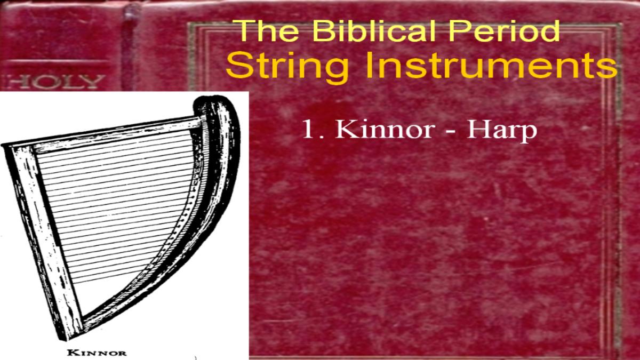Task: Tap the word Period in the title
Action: (505, 30)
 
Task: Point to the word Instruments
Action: (491, 65)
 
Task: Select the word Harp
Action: (502, 131)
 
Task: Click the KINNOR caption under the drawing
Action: (97, 353)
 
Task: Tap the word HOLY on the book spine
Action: (54, 82)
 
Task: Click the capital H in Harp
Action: (476, 130)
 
